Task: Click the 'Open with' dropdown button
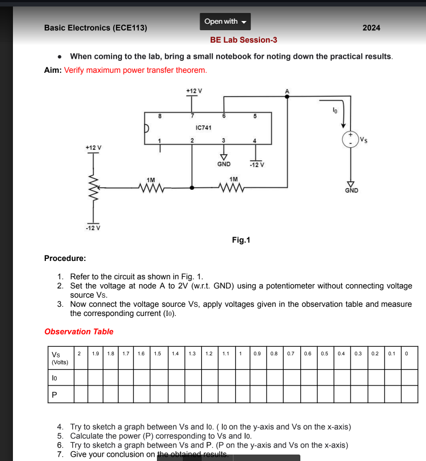tap(225, 22)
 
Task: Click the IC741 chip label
tap(203, 128)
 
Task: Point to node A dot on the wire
tap(287, 97)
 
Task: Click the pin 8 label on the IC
tap(159, 116)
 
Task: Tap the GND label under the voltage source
tap(351, 190)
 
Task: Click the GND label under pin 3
tap(224, 164)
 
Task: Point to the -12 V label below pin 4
tap(256, 164)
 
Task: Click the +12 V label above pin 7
tap(194, 91)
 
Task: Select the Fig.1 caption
tap(241, 240)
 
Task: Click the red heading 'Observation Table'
tap(79, 332)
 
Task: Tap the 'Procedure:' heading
tap(65, 258)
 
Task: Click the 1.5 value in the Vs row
tap(157, 354)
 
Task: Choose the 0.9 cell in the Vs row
tap(257, 354)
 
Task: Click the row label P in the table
tap(54, 394)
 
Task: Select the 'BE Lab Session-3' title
tap(244, 40)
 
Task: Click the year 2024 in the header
tap(371, 27)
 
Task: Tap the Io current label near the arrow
tap(335, 111)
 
